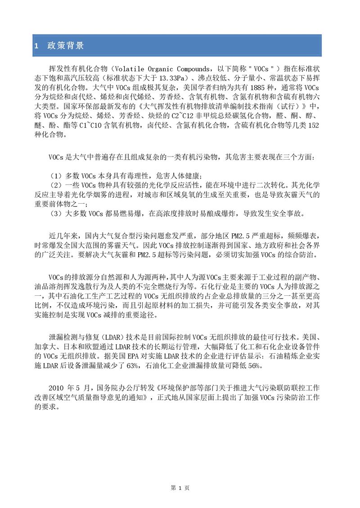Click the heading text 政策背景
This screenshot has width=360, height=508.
pyautogui.click(x=65, y=46)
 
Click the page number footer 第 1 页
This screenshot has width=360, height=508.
pyautogui.click(x=180, y=488)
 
